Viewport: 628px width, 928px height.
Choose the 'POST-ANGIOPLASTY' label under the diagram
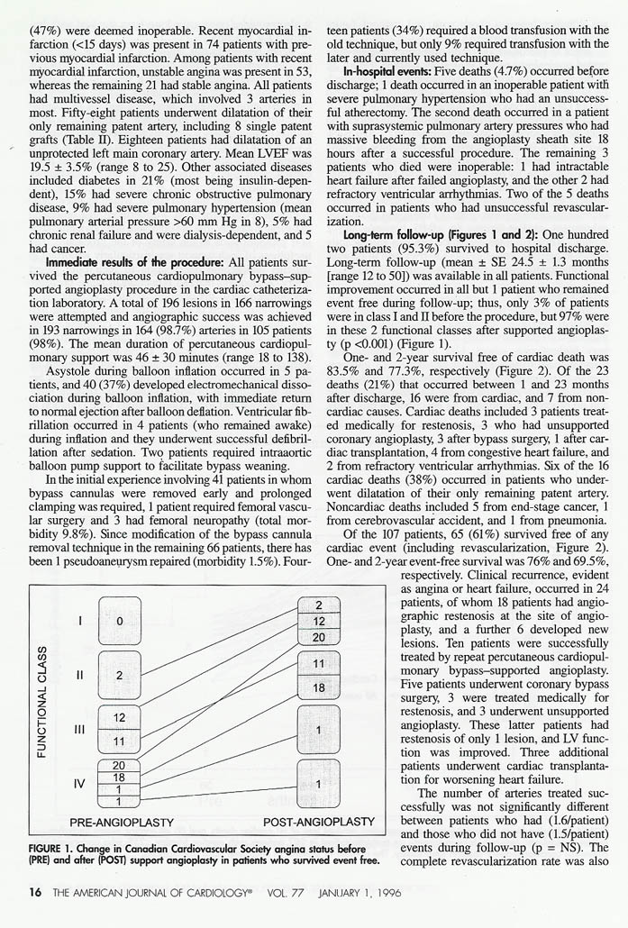(319, 822)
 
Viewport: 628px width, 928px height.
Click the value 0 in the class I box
(119, 621)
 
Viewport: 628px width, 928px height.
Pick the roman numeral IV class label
(80, 784)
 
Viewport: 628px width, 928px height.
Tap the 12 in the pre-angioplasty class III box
(119, 717)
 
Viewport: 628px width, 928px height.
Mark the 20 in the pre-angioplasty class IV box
(119, 766)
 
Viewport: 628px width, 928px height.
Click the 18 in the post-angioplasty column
(319, 687)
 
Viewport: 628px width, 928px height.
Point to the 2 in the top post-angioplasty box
(319, 605)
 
